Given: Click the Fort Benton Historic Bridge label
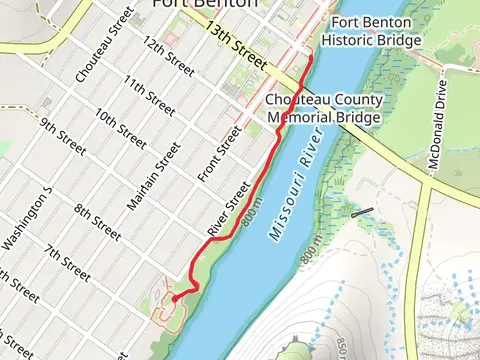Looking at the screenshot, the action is coord(371,30).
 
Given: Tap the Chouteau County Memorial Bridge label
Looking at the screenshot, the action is coord(323,109).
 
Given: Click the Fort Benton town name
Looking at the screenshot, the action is coord(203,4).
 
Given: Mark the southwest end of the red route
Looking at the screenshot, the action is coord(172,298).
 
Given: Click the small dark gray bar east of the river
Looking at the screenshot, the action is coord(362,212).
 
